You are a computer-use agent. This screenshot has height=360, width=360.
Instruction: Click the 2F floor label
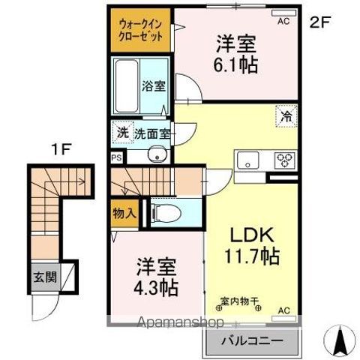(x=320, y=22)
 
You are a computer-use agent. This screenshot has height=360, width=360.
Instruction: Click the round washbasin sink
(x=155, y=156)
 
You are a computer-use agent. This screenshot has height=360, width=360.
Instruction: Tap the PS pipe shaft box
(x=115, y=158)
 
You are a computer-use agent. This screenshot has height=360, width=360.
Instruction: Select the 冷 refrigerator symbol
(x=286, y=116)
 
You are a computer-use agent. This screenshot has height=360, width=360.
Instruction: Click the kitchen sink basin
(x=247, y=160)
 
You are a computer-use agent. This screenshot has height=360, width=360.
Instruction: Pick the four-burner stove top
(x=285, y=159)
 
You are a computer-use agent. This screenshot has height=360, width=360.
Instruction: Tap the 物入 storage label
(x=124, y=213)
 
